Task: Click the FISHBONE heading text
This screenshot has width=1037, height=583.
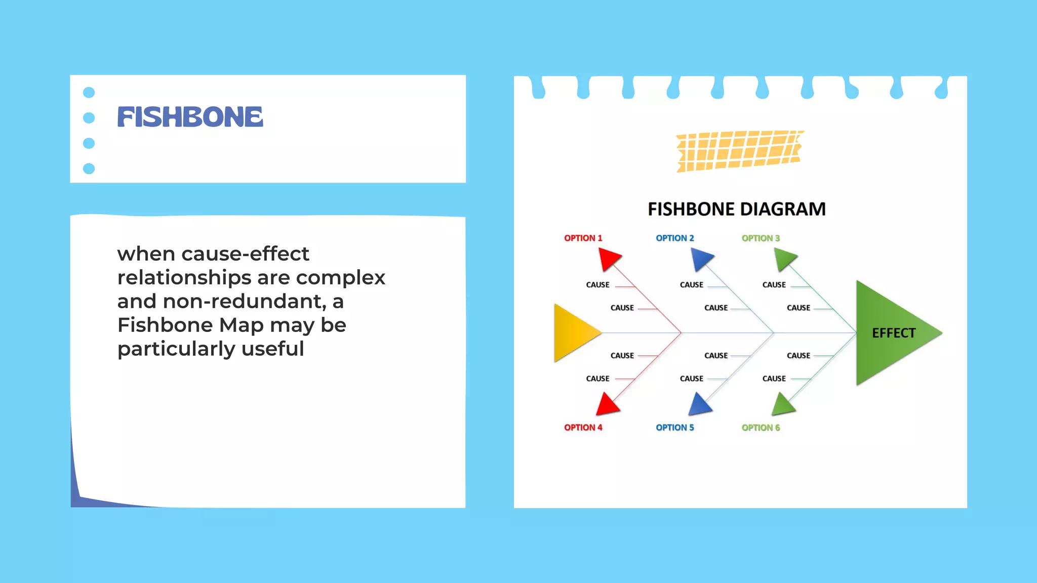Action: [190, 117]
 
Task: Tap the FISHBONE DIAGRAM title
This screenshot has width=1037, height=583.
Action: [736, 209]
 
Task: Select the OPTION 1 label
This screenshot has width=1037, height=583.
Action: [583, 238]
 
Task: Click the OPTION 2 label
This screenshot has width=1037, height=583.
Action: [674, 238]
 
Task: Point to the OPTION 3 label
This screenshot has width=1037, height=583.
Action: [761, 238]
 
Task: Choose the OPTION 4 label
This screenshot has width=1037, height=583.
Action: [583, 428]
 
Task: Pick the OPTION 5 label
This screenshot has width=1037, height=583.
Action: [674, 428]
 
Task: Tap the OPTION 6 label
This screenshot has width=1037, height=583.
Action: [761, 428]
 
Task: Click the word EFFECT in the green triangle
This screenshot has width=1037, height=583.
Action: [894, 333]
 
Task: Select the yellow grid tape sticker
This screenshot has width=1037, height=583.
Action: [739, 150]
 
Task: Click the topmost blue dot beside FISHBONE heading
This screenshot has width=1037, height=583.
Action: [89, 92]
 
